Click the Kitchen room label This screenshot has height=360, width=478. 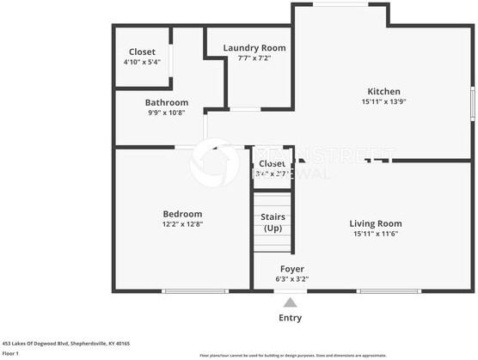point(383,91)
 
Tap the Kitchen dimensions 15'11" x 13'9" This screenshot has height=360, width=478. point(383,101)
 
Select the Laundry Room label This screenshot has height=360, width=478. point(254,48)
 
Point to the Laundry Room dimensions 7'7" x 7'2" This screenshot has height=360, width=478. point(254,58)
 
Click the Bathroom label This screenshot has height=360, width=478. point(166,102)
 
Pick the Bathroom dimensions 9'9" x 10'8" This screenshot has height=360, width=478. point(166,112)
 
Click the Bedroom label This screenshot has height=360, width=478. point(182,214)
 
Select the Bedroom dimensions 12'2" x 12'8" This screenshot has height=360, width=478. point(182,223)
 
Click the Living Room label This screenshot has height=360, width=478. point(376,223)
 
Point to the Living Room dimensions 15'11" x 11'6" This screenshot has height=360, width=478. point(376,234)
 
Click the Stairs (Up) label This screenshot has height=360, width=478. point(273,223)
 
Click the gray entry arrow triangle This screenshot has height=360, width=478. point(291,302)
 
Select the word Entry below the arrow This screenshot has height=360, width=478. point(291,318)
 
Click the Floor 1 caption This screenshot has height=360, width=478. point(11,352)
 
